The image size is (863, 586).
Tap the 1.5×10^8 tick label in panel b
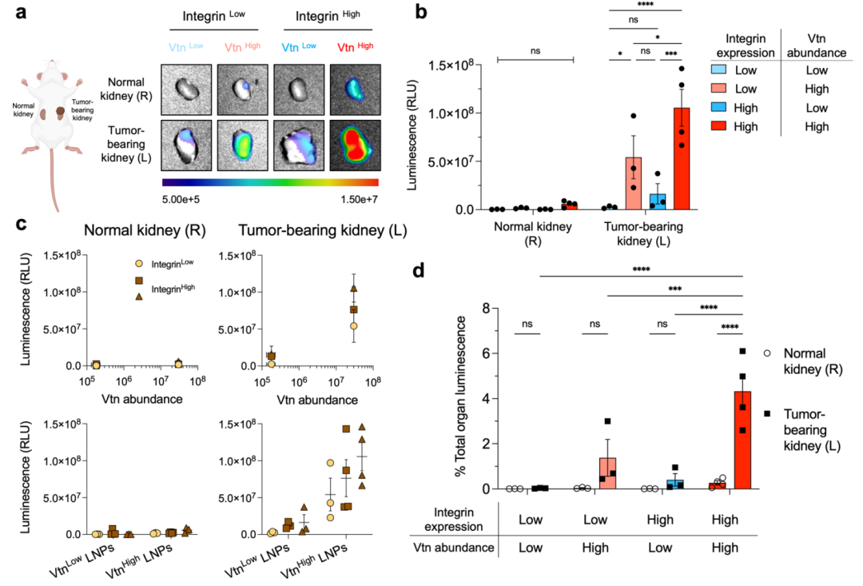[x=454, y=65]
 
